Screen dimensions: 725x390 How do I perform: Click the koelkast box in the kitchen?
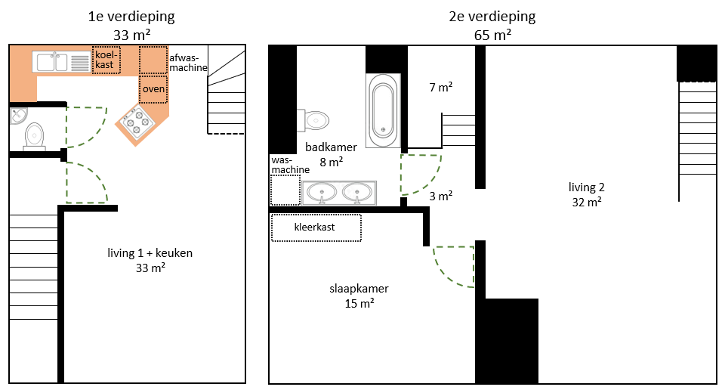106,60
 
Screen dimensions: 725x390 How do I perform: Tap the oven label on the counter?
153,88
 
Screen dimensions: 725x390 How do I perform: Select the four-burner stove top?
137,122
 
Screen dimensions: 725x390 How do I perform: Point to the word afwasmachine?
188,63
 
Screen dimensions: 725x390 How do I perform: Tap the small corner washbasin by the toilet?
18,116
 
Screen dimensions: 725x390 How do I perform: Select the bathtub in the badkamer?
383,110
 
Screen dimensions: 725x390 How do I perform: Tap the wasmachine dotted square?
285,190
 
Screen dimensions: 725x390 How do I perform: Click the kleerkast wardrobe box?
316,227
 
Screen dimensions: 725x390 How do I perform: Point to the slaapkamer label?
359,289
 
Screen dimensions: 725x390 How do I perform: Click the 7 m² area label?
440,87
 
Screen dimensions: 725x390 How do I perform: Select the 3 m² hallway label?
440,196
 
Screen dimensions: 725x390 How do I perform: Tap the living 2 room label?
586,187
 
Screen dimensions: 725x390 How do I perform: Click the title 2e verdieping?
492,17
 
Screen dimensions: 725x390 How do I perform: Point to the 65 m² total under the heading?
492,36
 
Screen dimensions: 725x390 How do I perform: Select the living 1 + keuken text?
150,253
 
